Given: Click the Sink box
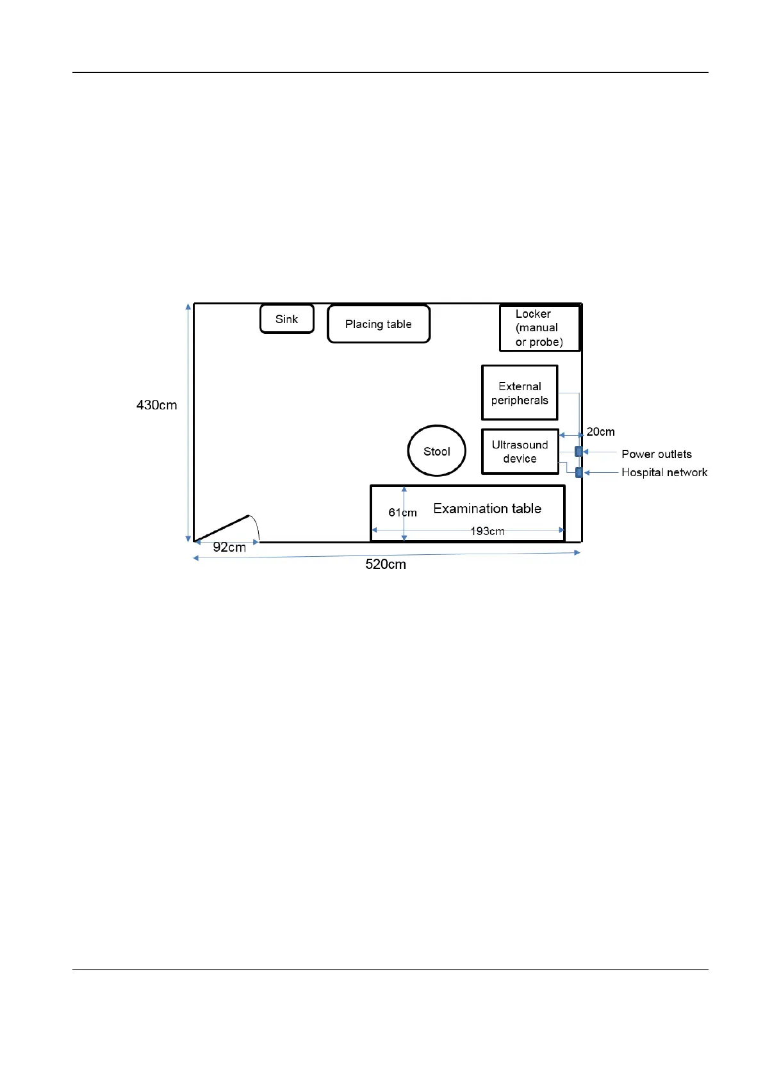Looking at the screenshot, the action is (286, 319).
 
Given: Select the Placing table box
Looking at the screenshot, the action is (378, 324).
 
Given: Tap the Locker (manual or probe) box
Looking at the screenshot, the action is (539, 328).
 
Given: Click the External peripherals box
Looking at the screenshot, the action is (520, 393).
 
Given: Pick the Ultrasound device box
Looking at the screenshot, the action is (520, 452).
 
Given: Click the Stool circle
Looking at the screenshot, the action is (437, 451).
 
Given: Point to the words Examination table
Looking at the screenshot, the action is (487, 509).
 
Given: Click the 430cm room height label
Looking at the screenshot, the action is (156, 405).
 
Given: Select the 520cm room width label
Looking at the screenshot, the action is (386, 564).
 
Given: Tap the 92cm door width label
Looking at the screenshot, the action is (229, 547).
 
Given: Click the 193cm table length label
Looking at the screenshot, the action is (487, 531).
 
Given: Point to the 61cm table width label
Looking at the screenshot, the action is (402, 513).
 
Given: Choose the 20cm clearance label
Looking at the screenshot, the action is (600, 432).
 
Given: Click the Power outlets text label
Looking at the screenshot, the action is (656, 454).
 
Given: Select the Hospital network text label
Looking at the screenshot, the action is (664, 472).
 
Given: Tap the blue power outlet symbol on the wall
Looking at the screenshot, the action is (578, 452).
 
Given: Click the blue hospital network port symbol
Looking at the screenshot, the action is (578, 473).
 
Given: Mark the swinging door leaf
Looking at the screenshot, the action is (222, 528).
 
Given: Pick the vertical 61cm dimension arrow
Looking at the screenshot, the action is (404, 500).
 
